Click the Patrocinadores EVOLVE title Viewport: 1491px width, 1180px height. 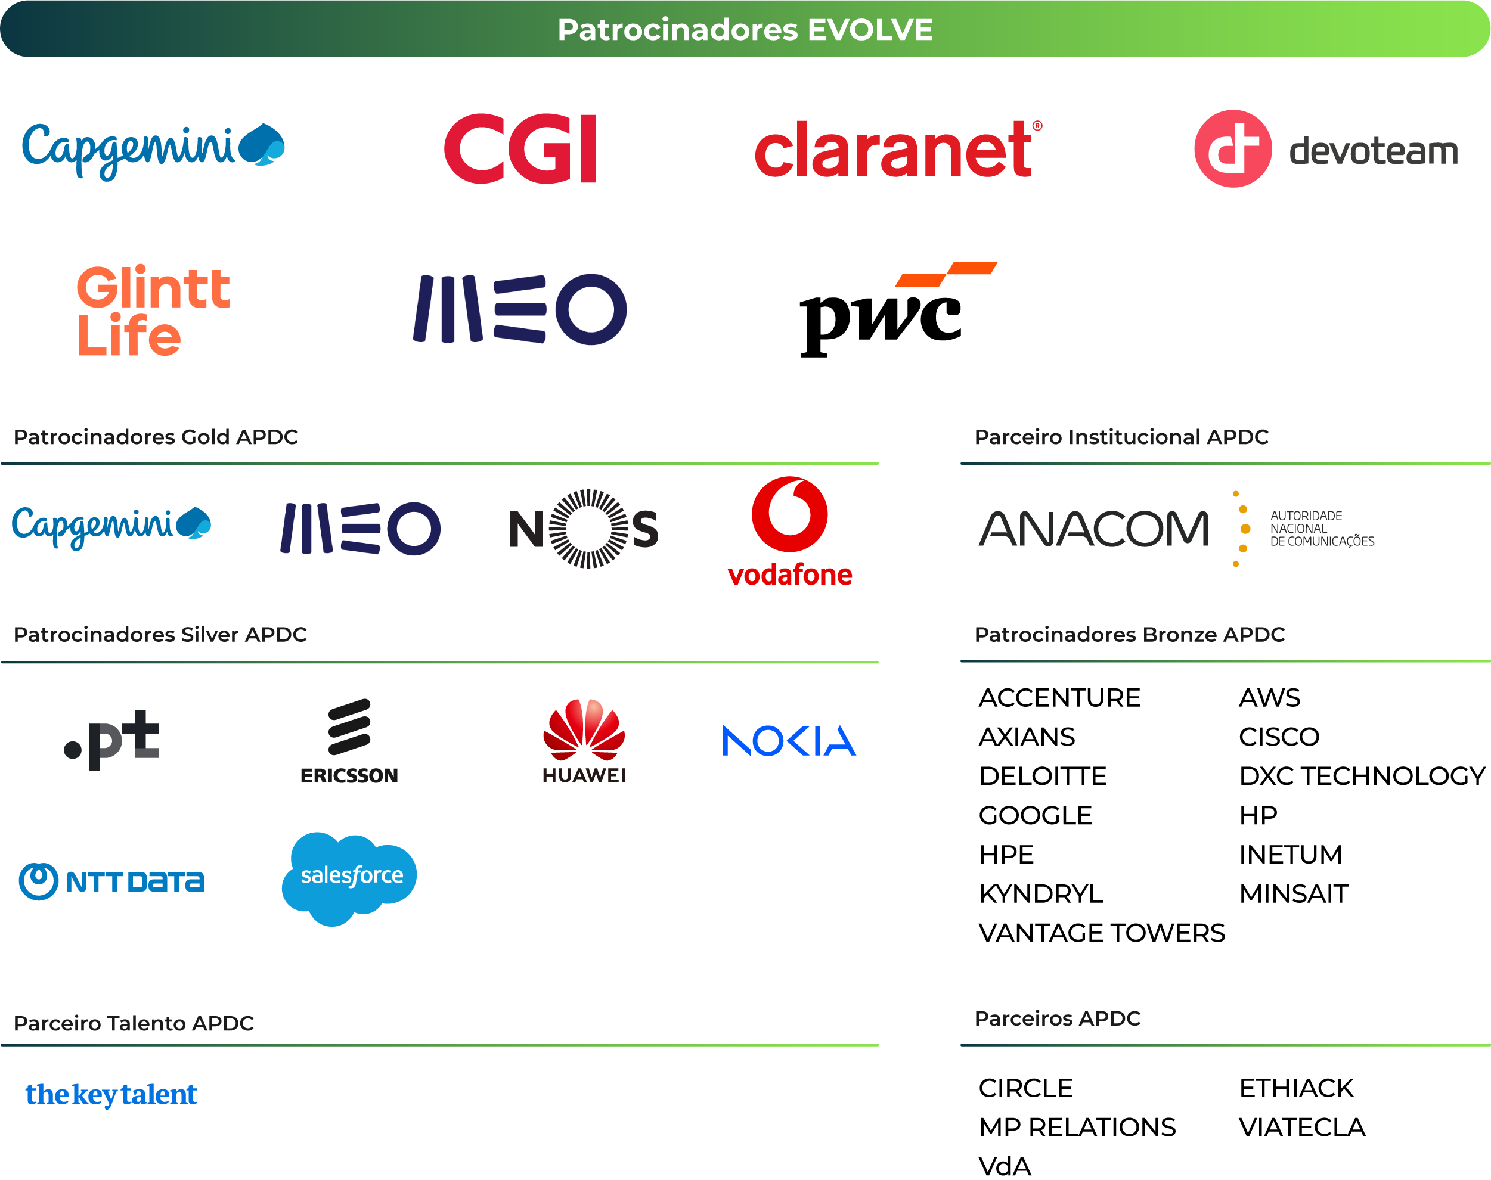coord(745,30)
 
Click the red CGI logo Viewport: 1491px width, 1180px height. coord(520,149)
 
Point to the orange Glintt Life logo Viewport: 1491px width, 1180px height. coord(153,310)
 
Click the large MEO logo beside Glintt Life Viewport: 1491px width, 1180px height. coord(520,309)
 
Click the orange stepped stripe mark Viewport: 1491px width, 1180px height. coord(946,274)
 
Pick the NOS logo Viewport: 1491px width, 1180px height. coord(584,529)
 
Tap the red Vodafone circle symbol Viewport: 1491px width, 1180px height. coord(790,514)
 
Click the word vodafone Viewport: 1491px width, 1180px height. coord(790,575)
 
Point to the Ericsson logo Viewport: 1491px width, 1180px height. coord(349,741)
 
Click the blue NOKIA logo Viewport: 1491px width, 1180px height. coord(789,741)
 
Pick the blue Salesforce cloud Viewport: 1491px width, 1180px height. coord(349,877)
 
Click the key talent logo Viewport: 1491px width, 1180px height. coord(111,1095)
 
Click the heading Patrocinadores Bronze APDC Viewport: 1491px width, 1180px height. coord(1129,634)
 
